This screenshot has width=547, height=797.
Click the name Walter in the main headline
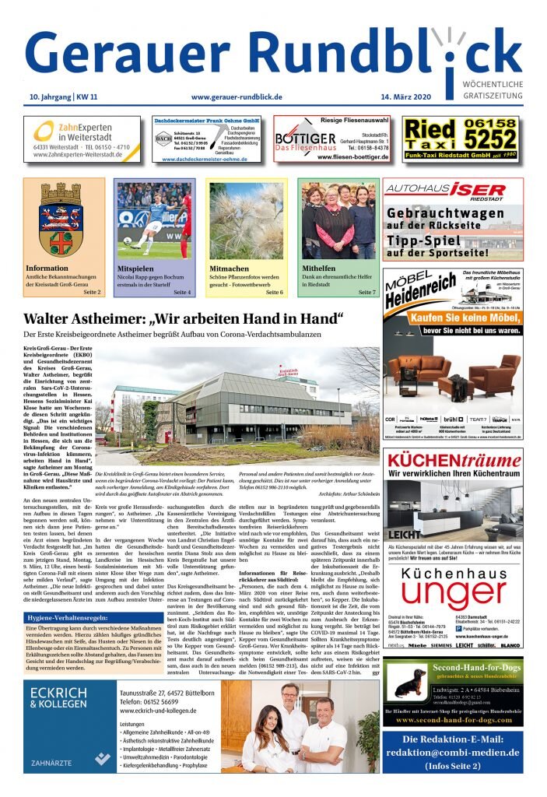(x=51, y=319)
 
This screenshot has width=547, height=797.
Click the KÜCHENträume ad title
(x=453, y=462)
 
